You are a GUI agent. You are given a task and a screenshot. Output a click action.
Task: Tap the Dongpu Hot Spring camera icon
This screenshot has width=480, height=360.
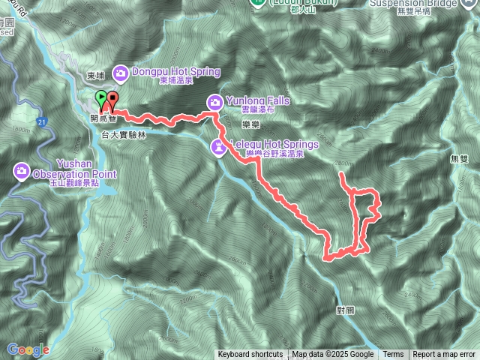tap(120, 72)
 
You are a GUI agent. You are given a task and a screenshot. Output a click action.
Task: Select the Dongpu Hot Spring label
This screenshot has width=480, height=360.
tap(175, 72)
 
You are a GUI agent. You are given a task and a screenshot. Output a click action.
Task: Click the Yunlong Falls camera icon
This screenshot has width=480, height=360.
tap(214, 101)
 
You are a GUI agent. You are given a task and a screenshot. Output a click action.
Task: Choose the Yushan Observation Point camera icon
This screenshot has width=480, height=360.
tap(21, 173)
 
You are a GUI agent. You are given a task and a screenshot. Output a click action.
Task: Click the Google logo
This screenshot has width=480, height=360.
tap(28, 349)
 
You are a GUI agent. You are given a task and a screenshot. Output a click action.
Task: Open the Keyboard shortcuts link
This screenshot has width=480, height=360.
tap(250, 355)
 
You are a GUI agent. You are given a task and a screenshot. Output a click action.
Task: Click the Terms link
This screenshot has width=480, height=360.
tap(393, 355)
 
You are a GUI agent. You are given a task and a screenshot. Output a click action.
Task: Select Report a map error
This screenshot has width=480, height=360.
tap(444, 355)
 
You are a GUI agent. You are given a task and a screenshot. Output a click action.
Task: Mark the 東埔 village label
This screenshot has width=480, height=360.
tap(95, 76)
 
